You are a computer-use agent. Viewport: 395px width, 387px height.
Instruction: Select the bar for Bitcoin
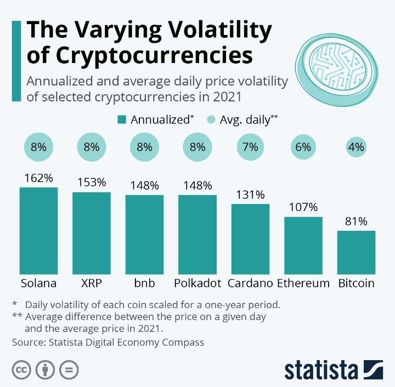tap(356, 252)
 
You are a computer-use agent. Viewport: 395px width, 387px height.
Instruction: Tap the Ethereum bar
tap(303, 245)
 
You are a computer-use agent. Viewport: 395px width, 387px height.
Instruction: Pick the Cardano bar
tap(250, 238)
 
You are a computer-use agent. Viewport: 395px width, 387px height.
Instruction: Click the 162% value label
tap(38, 178)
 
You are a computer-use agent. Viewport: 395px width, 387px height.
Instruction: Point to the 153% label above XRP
tap(92, 183)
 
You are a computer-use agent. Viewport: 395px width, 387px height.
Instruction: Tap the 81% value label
tap(356, 221)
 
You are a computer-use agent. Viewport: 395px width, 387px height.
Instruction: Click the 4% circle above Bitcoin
tap(356, 147)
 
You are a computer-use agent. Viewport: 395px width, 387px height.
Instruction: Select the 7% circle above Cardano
tap(250, 147)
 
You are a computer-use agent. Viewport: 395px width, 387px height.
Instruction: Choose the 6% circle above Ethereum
tap(303, 147)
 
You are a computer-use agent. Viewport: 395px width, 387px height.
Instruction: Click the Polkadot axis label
tap(198, 283)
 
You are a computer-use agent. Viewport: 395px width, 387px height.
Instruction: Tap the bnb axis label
tap(144, 283)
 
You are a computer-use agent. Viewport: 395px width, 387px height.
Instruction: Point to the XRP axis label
tap(92, 283)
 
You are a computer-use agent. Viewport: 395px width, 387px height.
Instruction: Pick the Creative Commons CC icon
tap(22, 369)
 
